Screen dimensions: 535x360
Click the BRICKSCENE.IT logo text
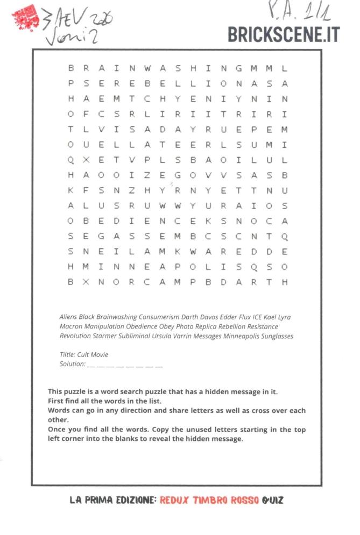[x=284, y=34]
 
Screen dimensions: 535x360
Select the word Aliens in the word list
[x=68, y=317]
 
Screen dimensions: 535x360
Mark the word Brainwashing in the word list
[x=117, y=317]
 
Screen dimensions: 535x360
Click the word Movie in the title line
[x=99, y=355]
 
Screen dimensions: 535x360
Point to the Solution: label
[x=72, y=364]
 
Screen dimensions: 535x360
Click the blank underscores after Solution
[x=124, y=365]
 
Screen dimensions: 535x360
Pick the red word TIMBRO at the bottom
[x=210, y=500]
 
